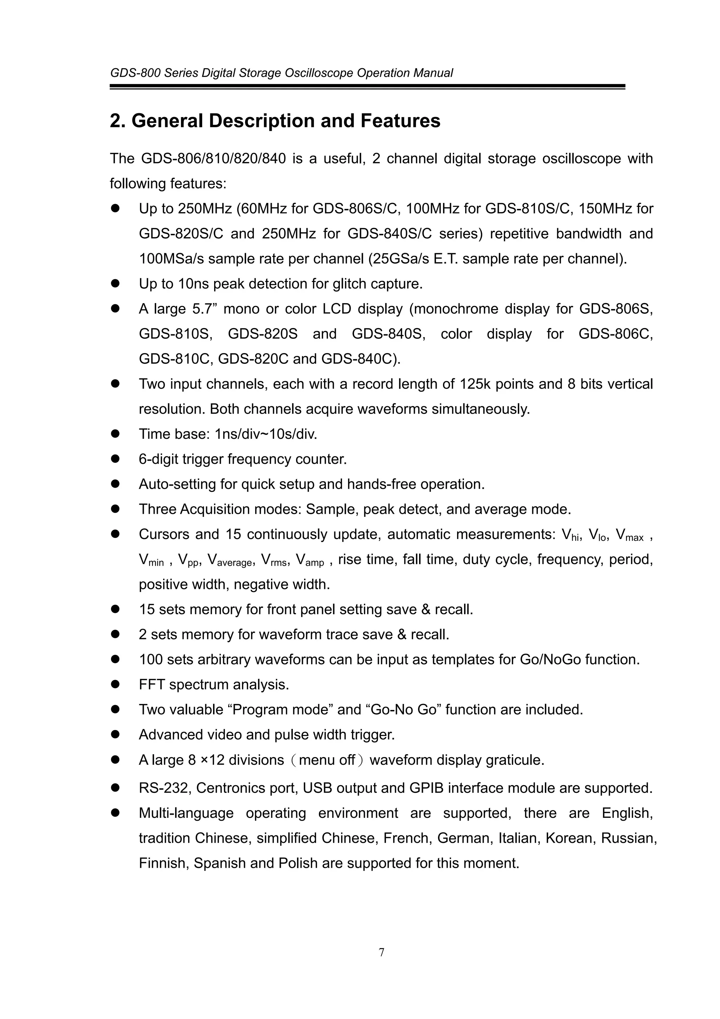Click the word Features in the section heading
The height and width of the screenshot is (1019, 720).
click(400, 121)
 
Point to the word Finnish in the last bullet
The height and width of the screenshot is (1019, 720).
click(164, 863)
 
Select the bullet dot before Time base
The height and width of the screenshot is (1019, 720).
click(116, 434)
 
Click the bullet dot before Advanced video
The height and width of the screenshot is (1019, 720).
click(116, 735)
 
